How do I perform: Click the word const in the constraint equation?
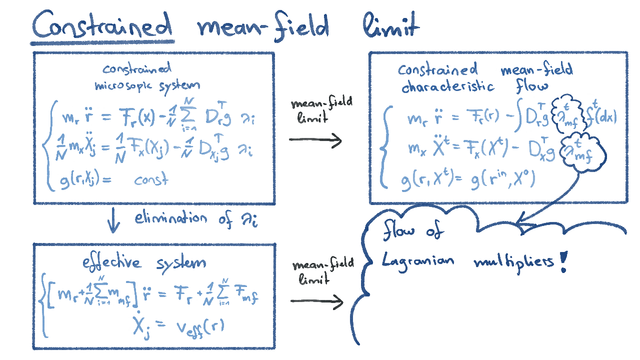(x=151, y=180)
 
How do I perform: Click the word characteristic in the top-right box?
(x=448, y=87)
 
